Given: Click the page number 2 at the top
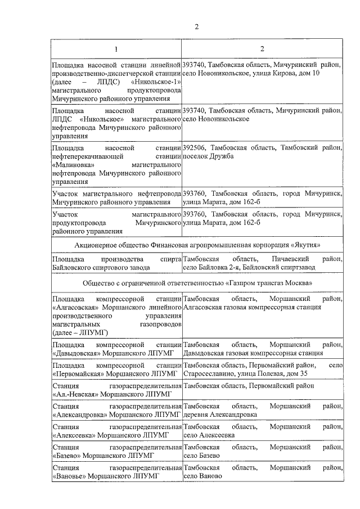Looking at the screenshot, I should click(x=196, y=27).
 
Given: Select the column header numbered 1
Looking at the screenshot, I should click(x=116, y=48).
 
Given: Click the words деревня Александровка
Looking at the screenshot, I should click(x=221, y=415).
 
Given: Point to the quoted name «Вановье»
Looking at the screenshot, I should click(x=69, y=476).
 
